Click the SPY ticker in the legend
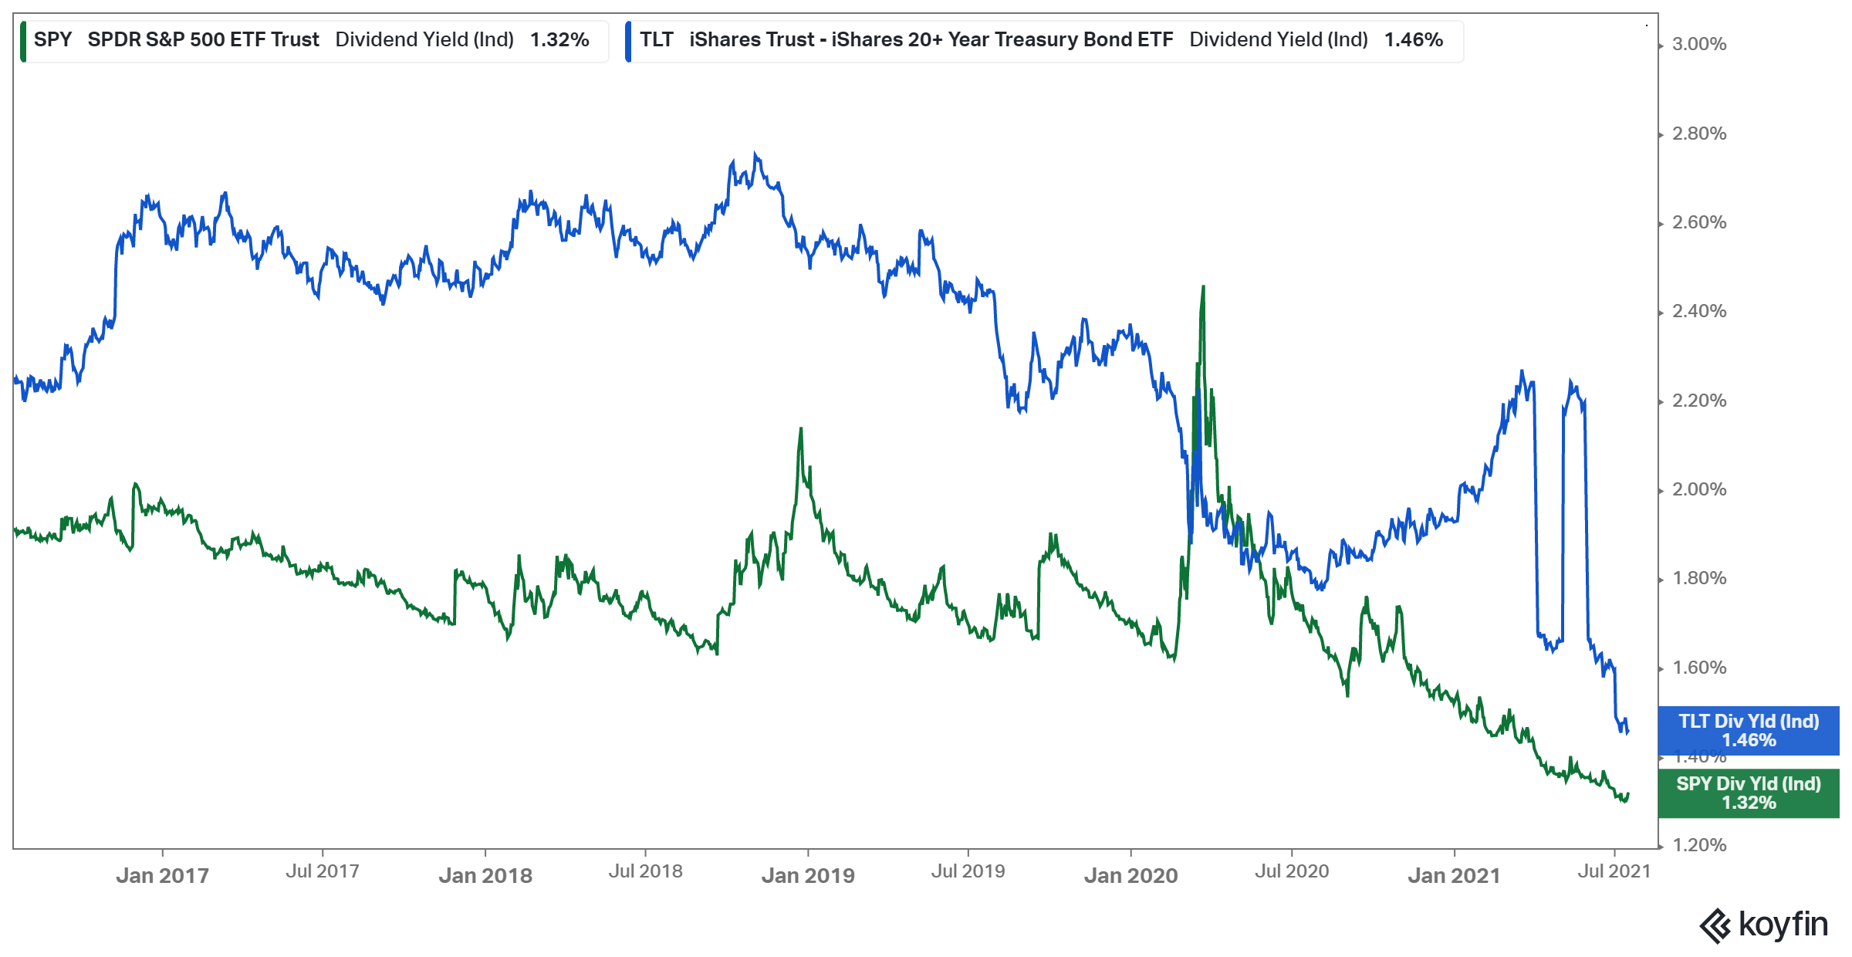coord(52,39)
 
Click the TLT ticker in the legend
coord(656,39)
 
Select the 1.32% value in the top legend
coord(559,39)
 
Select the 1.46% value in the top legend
coord(1413,39)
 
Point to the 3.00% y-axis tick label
coord(1698,45)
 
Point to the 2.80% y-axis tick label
coord(1698,134)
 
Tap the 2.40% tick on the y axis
coord(1698,311)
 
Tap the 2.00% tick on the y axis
coord(1698,489)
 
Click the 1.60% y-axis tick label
coord(1698,668)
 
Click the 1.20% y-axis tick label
coord(1698,845)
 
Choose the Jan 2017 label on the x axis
coord(162,875)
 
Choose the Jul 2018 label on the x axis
coord(645,871)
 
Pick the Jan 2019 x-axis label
coord(808,875)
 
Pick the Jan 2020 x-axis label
coord(1130,875)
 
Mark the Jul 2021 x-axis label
coord(1614,871)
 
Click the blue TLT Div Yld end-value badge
coord(1749,730)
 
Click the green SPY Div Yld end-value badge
coord(1749,793)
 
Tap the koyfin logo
coord(1763,925)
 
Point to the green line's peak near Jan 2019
coord(801,428)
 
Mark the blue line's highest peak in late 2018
coord(755,154)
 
